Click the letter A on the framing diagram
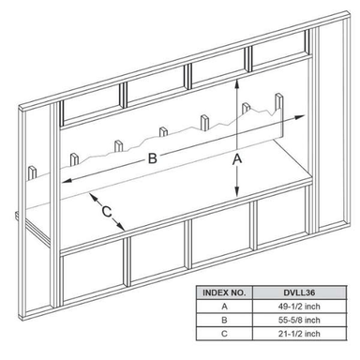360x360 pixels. (237, 158)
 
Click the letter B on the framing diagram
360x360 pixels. (152, 158)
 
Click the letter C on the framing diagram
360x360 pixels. (107, 212)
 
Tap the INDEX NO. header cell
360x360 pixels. (224, 292)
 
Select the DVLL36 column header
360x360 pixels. (299, 292)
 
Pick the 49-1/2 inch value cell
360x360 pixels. (299, 307)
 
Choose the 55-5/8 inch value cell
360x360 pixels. (299, 321)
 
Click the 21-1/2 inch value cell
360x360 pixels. (299, 334)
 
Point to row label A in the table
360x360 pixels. (224, 307)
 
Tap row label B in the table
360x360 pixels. (224, 321)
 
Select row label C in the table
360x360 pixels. (224, 334)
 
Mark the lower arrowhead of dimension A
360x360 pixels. (237, 191)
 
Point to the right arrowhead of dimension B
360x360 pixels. (299, 117)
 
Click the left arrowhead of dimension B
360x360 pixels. (67, 181)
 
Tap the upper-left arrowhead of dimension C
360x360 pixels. (93, 197)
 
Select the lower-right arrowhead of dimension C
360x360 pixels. (121, 227)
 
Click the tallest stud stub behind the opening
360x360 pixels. (279, 115)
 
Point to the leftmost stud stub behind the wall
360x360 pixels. (33, 173)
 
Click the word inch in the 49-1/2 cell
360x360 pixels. (312, 307)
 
